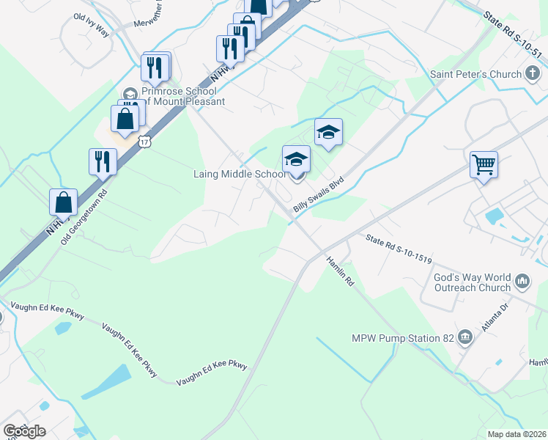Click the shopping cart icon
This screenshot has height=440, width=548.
tap(484, 164)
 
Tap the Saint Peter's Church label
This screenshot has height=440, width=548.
tap(475, 74)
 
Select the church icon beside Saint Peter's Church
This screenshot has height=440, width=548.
tap(533, 74)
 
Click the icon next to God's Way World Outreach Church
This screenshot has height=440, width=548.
tap(523, 281)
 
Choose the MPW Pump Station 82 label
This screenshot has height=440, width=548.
tap(403, 338)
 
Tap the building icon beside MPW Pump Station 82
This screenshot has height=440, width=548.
tap(465, 338)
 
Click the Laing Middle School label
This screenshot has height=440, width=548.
tap(240, 175)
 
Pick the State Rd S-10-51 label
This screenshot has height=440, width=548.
tap(513, 34)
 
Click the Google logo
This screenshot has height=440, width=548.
tap(24, 431)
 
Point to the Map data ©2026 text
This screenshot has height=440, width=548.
tap(516, 434)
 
